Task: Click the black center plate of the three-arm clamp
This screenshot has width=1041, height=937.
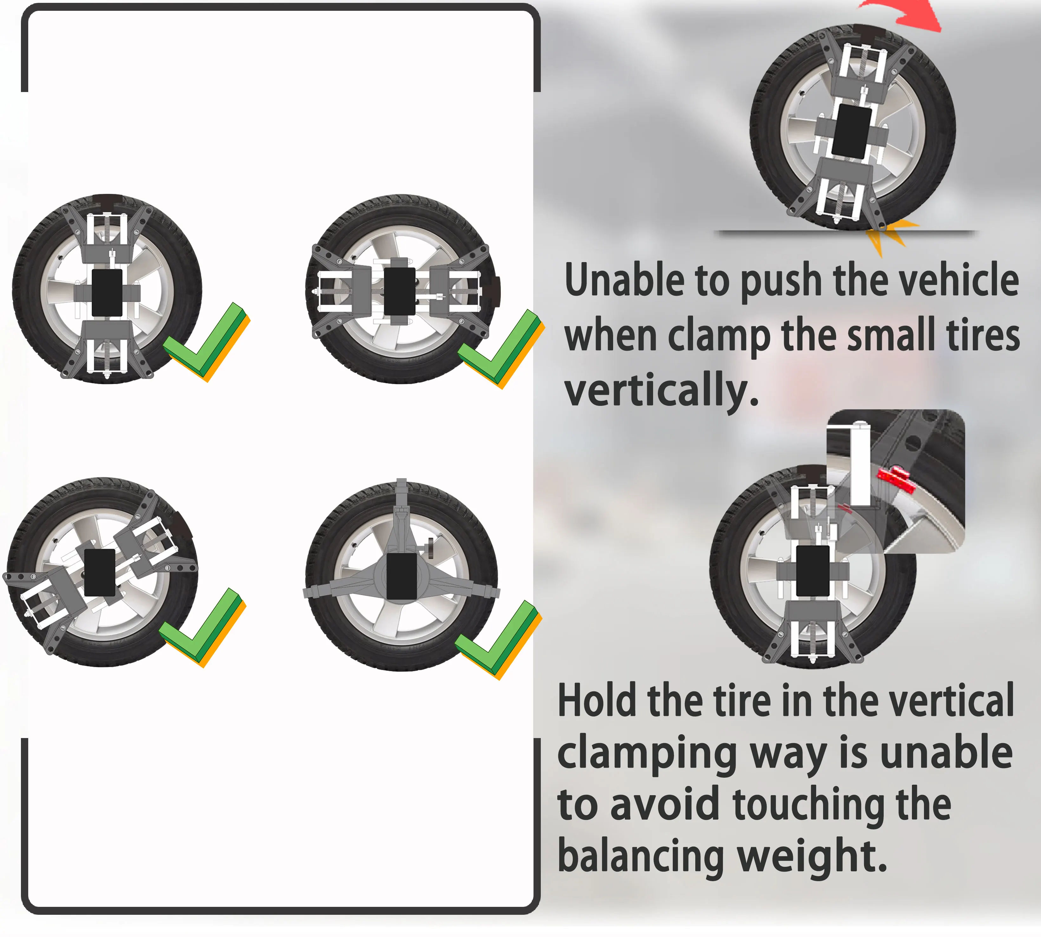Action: [x=401, y=576]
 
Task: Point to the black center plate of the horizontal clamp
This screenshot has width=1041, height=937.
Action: [x=400, y=291]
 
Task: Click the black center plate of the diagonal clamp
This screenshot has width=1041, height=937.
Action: [x=99, y=572]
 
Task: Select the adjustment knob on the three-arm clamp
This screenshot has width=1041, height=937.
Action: [x=430, y=547]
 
